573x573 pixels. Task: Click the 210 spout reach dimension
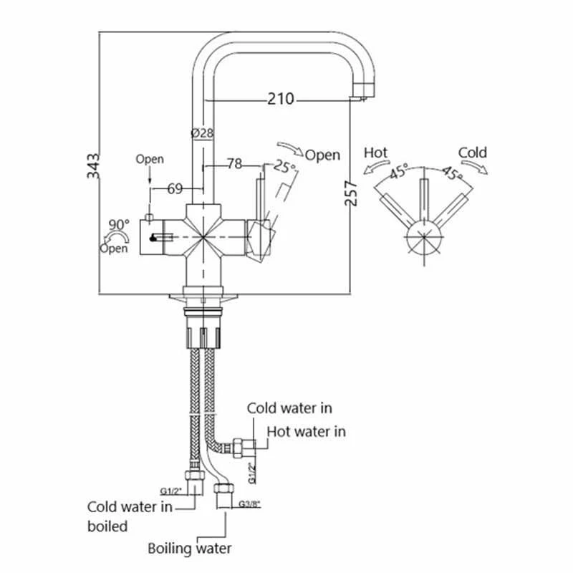pyautogui.click(x=281, y=99)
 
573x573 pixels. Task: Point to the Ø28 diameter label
pyautogui.click(x=203, y=133)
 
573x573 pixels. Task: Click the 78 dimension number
pyautogui.click(x=233, y=164)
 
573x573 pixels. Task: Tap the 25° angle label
pyautogui.click(x=284, y=168)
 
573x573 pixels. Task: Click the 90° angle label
pyautogui.click(x=118, y=224)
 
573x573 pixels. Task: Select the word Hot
pyautogui.click(x=376, y=153)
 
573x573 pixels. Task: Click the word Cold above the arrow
pyautogui.click(x=472, y=152)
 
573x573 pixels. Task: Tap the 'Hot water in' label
pyautogui.click(x=307, y=431)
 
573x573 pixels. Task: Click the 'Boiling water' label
pyautogui.click(x=190, y=549)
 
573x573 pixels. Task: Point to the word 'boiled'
pyautogui.click(x=107, y=526)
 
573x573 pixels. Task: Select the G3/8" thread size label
pyautogui.click(x=248, y=504)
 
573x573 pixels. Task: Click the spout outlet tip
pyautogui.click(x=365, y=93)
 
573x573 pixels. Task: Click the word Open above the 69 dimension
pyautogui.click(x=150, y=159)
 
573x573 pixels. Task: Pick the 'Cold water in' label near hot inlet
pyautogui.click(x=289, y=408)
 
